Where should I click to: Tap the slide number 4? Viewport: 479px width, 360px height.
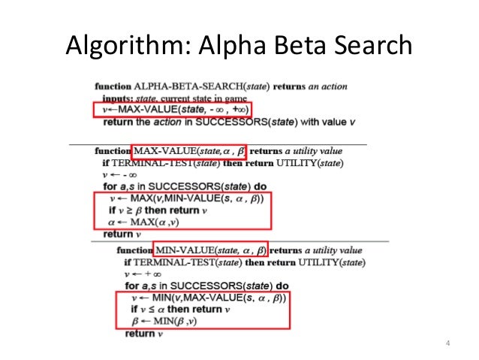pos(447,344)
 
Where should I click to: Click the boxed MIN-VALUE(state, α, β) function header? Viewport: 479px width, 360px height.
pos(211,250)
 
